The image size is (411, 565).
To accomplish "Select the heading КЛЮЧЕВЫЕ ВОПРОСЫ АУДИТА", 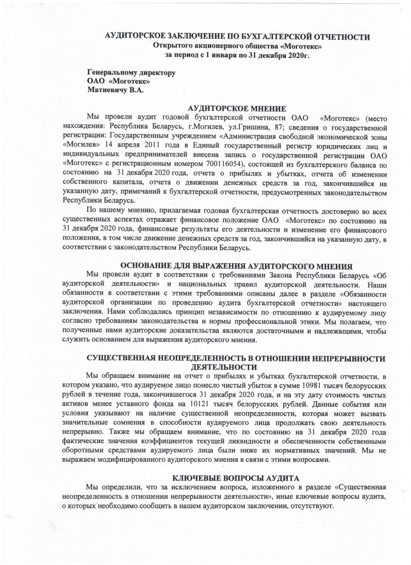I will click(x=236, y=477).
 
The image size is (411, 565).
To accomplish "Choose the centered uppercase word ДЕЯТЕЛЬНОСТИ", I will click(x=221, y=366).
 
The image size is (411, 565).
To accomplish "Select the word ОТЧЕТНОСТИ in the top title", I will click(x=340, y=36).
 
